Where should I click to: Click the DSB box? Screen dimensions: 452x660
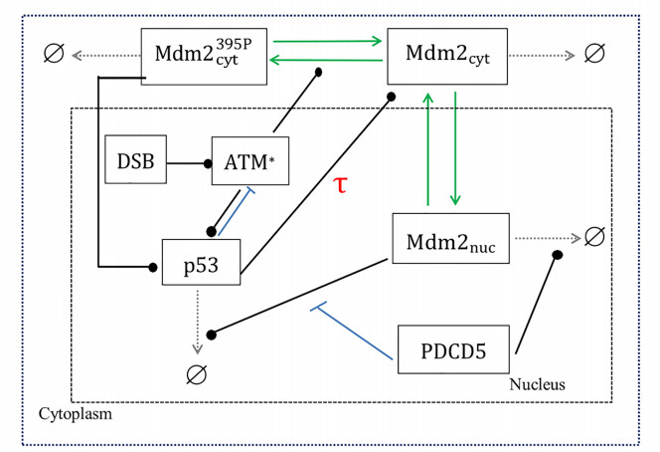tap(135, 160)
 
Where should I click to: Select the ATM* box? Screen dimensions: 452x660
tap(249, 160)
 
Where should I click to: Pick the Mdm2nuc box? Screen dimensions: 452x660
tap(450, 239)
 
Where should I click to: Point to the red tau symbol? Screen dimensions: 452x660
tap(340, 185)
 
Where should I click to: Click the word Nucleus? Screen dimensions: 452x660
tap(539, 381)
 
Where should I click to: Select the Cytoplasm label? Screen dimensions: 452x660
tap(75, 412)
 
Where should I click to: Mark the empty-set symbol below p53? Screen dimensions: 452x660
tap(196, 373)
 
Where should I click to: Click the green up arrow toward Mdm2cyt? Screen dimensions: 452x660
tap(427, 149)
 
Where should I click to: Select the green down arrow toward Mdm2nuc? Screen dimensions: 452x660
tap(455, 149)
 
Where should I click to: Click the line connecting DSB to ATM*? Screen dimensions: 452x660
tap(186, 161)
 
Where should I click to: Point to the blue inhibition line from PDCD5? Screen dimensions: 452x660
tap(358, 330)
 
